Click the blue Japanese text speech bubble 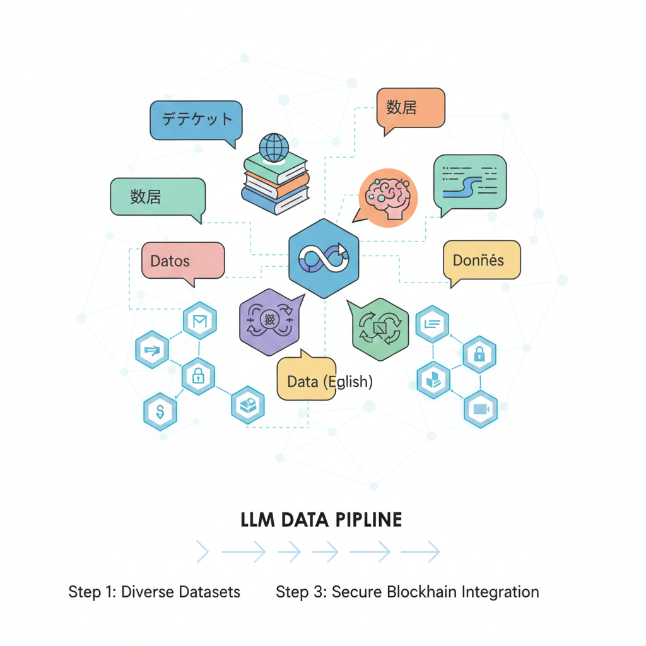(196, 120)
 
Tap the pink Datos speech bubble (182, 260)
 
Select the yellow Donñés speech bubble (481, 260)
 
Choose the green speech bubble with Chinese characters (158, 197)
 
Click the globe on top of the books (273, 148)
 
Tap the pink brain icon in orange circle (388, 197)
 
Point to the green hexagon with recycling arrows (379, 329)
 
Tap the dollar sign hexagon (160, 411)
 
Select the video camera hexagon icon (481, 409)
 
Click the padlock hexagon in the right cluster (479, 355)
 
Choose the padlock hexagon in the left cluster (198, 377)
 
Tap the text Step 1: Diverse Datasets (154, 592)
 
